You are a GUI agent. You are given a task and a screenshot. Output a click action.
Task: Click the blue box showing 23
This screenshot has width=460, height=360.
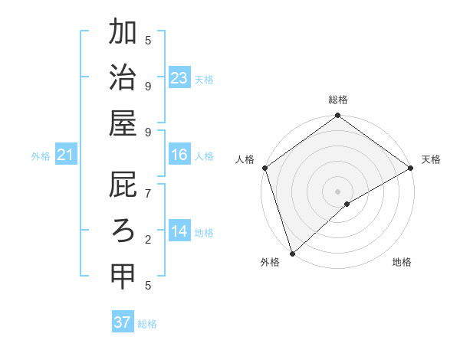pyautogui.click(x=179, y=77)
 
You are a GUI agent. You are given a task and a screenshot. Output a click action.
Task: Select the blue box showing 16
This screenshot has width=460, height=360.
pyautogui.click(x=179, y=155)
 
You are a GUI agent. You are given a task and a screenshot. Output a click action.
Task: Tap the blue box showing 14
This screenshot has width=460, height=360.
pyautogui.click(x=179, y=231)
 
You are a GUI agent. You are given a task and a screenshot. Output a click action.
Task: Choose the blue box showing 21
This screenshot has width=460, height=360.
pyautogui.click(x=66, y=155)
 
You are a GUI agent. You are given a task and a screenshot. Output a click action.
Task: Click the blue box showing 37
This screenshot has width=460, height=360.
pyautogui.click(x=122, y=322)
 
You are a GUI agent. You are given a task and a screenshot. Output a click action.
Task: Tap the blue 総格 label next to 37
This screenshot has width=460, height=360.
pyautogui.click(x=148, y=324)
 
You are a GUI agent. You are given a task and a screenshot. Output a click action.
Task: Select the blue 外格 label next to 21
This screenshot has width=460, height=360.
pyautogui.click(x=41, y=156)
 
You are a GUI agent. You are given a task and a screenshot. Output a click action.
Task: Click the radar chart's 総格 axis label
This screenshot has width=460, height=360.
pyautogui.click(x=337, y=100)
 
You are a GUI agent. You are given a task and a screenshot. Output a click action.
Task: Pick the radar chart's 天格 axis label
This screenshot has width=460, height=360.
pyautogui.click(x=431, y=159)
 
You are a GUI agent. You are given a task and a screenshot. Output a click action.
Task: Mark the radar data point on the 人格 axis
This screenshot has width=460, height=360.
pyautogui.click(x=264, y=168)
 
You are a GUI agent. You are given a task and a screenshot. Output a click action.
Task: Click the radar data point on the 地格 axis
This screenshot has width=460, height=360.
pyautogui.click(x=347, y=204)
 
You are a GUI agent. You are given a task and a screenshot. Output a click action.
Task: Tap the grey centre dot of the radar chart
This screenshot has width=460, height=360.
pyautogui.click(x=337, y=191)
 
